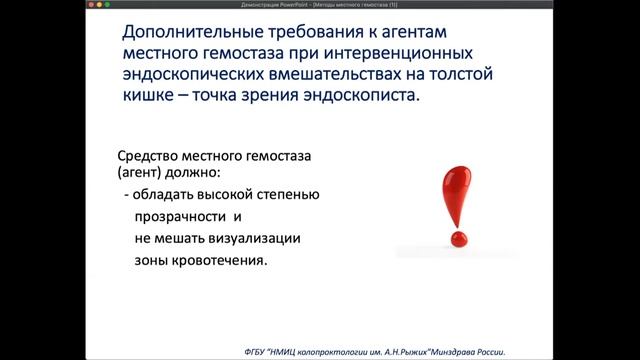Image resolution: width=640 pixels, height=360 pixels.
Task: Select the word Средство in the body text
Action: coord(153,156)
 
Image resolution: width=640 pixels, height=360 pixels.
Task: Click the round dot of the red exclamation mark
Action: coord(459,240)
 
